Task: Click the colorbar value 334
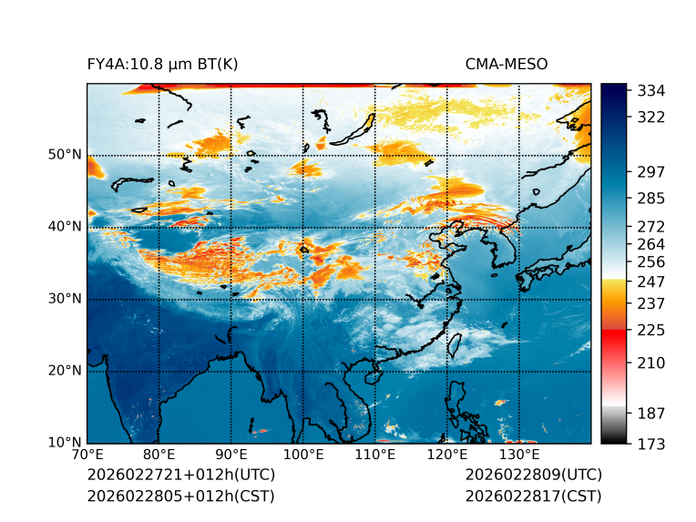tap(651, 91)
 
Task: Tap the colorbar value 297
tap(651, 171)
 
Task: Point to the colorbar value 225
tap(651, 330)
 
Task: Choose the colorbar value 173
tap(651, 444)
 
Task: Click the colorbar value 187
tap(651, 414)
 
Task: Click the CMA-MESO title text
tap(507, 64)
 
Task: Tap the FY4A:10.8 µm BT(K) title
tap(163, 64)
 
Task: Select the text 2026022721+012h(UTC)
tap(180, 475)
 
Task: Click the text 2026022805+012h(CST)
tap(180, 496)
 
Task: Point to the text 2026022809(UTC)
tap(533, 475)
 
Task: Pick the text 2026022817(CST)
tap(533, 496)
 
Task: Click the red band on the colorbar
tap(614, 335)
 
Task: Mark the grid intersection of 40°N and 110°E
tap(374, 228)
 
